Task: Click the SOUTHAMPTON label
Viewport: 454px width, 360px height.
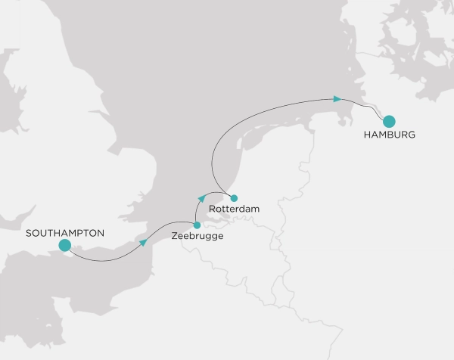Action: tap(64, 232)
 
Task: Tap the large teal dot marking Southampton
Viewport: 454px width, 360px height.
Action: tap(64, 245)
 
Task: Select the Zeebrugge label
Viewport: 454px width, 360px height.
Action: tap(197, 237)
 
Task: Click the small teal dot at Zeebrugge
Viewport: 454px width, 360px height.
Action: tap(197, 225)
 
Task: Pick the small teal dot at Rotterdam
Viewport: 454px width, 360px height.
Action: tap(234, 198)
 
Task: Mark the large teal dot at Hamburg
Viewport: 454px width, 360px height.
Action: tap(390, 120)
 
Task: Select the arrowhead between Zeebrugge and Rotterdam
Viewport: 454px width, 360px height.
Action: tap(201, 197)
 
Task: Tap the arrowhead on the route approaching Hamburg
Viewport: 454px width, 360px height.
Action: tap(337, 98)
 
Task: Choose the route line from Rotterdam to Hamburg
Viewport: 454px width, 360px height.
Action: tap(257, 113)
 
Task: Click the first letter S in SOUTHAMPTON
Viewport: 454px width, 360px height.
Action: tap(27, 232)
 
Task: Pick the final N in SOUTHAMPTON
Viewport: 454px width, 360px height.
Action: tap(101, 232)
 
